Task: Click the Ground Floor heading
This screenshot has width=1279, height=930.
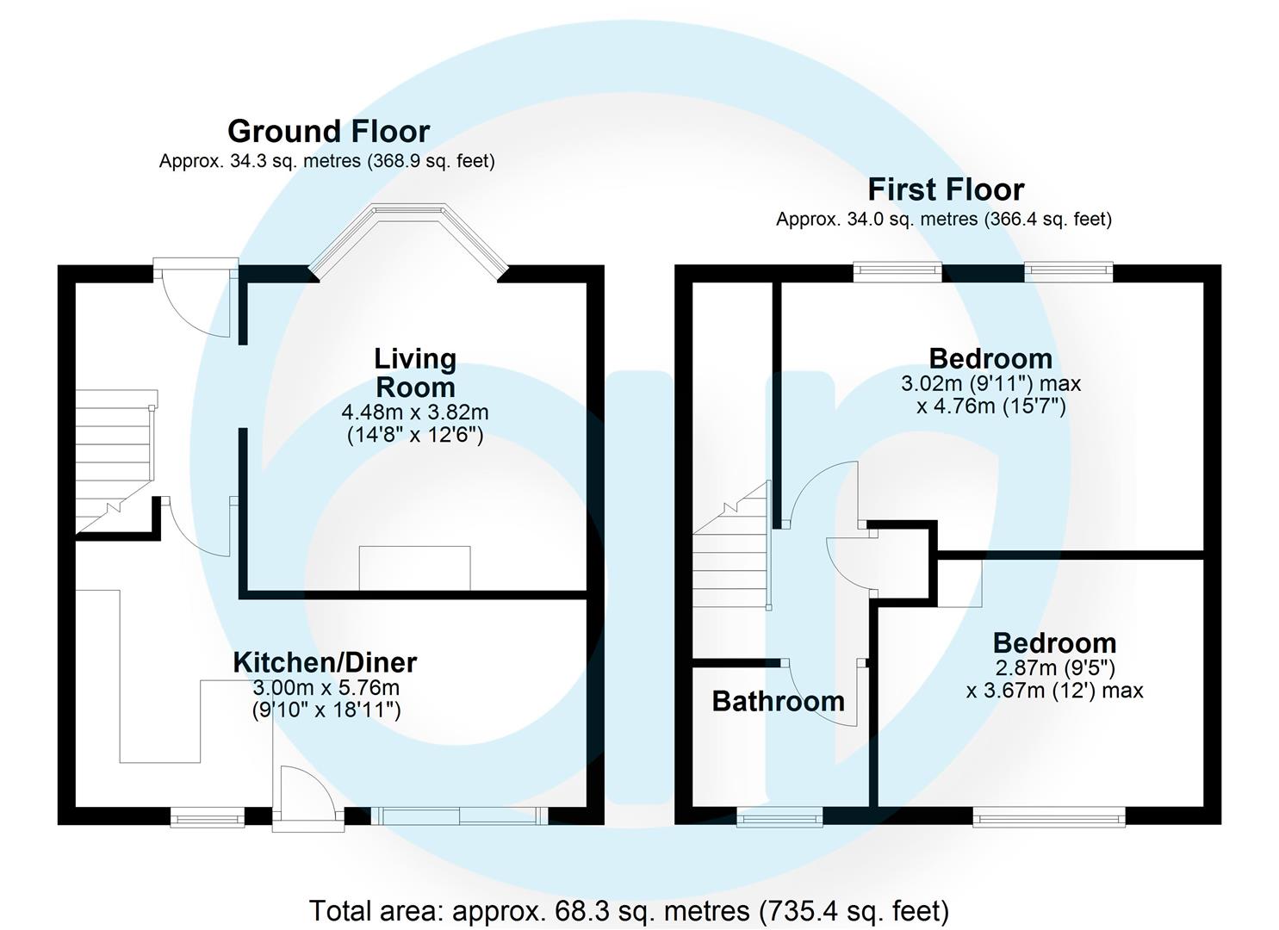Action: tap(328, 132)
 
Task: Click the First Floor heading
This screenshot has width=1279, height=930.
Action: tap(945, 189)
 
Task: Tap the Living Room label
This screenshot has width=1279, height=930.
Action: tap(415, 372)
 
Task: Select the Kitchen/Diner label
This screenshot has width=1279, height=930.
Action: tap(325, 662)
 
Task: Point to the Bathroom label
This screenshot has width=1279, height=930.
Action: tap(778, 701)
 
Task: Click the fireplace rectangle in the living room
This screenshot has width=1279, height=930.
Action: tap(414, 568)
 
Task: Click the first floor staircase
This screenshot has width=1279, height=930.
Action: tap(732, 551)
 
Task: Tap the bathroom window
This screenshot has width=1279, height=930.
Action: tap(779, 816)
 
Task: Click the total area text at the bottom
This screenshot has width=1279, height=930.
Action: tap(629, 910)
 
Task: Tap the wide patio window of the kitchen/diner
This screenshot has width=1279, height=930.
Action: tap(459, 815)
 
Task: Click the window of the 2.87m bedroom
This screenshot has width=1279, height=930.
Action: tap(1048, 816)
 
